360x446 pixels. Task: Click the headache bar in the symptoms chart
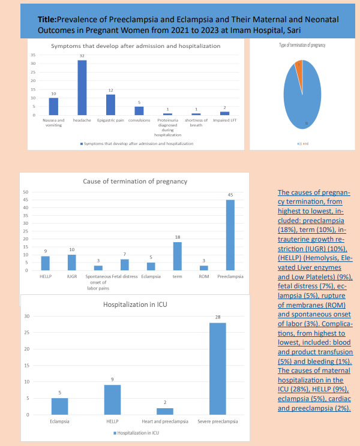coord(82,88)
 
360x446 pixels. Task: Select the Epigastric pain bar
coord(110,104)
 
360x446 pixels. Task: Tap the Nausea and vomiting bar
coord(53,106)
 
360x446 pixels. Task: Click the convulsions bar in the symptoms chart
coord(139,110)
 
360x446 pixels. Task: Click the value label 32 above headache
coord(82,56)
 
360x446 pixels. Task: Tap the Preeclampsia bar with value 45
coord(230,235)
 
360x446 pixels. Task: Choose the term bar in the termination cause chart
coord(178,256)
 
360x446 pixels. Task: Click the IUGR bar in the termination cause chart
coord(71,263)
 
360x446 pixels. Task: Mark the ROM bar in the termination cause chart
coord(203,268)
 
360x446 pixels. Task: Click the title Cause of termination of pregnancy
coord(134,181)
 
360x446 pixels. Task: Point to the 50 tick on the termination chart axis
coord(26,192)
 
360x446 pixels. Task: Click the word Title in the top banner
coord(50,19)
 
